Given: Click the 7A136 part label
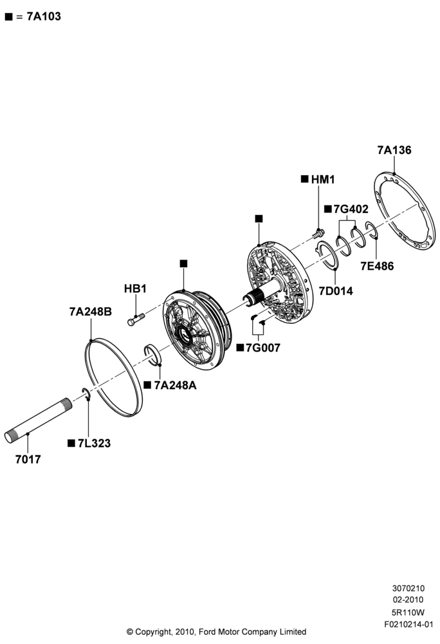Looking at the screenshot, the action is (394, 150).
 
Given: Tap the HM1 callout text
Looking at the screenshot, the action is (323, 180).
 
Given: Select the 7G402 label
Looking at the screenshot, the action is (351, 209).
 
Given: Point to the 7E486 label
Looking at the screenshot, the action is (377, 266).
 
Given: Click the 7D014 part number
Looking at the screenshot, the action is (336, 291).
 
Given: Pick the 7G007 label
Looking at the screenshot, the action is (263, 348).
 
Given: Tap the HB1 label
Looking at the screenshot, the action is (135, 289).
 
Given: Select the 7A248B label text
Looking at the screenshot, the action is (91, 312).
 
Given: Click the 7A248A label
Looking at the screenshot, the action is (175, 385).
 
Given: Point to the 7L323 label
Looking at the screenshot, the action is (94, 443).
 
